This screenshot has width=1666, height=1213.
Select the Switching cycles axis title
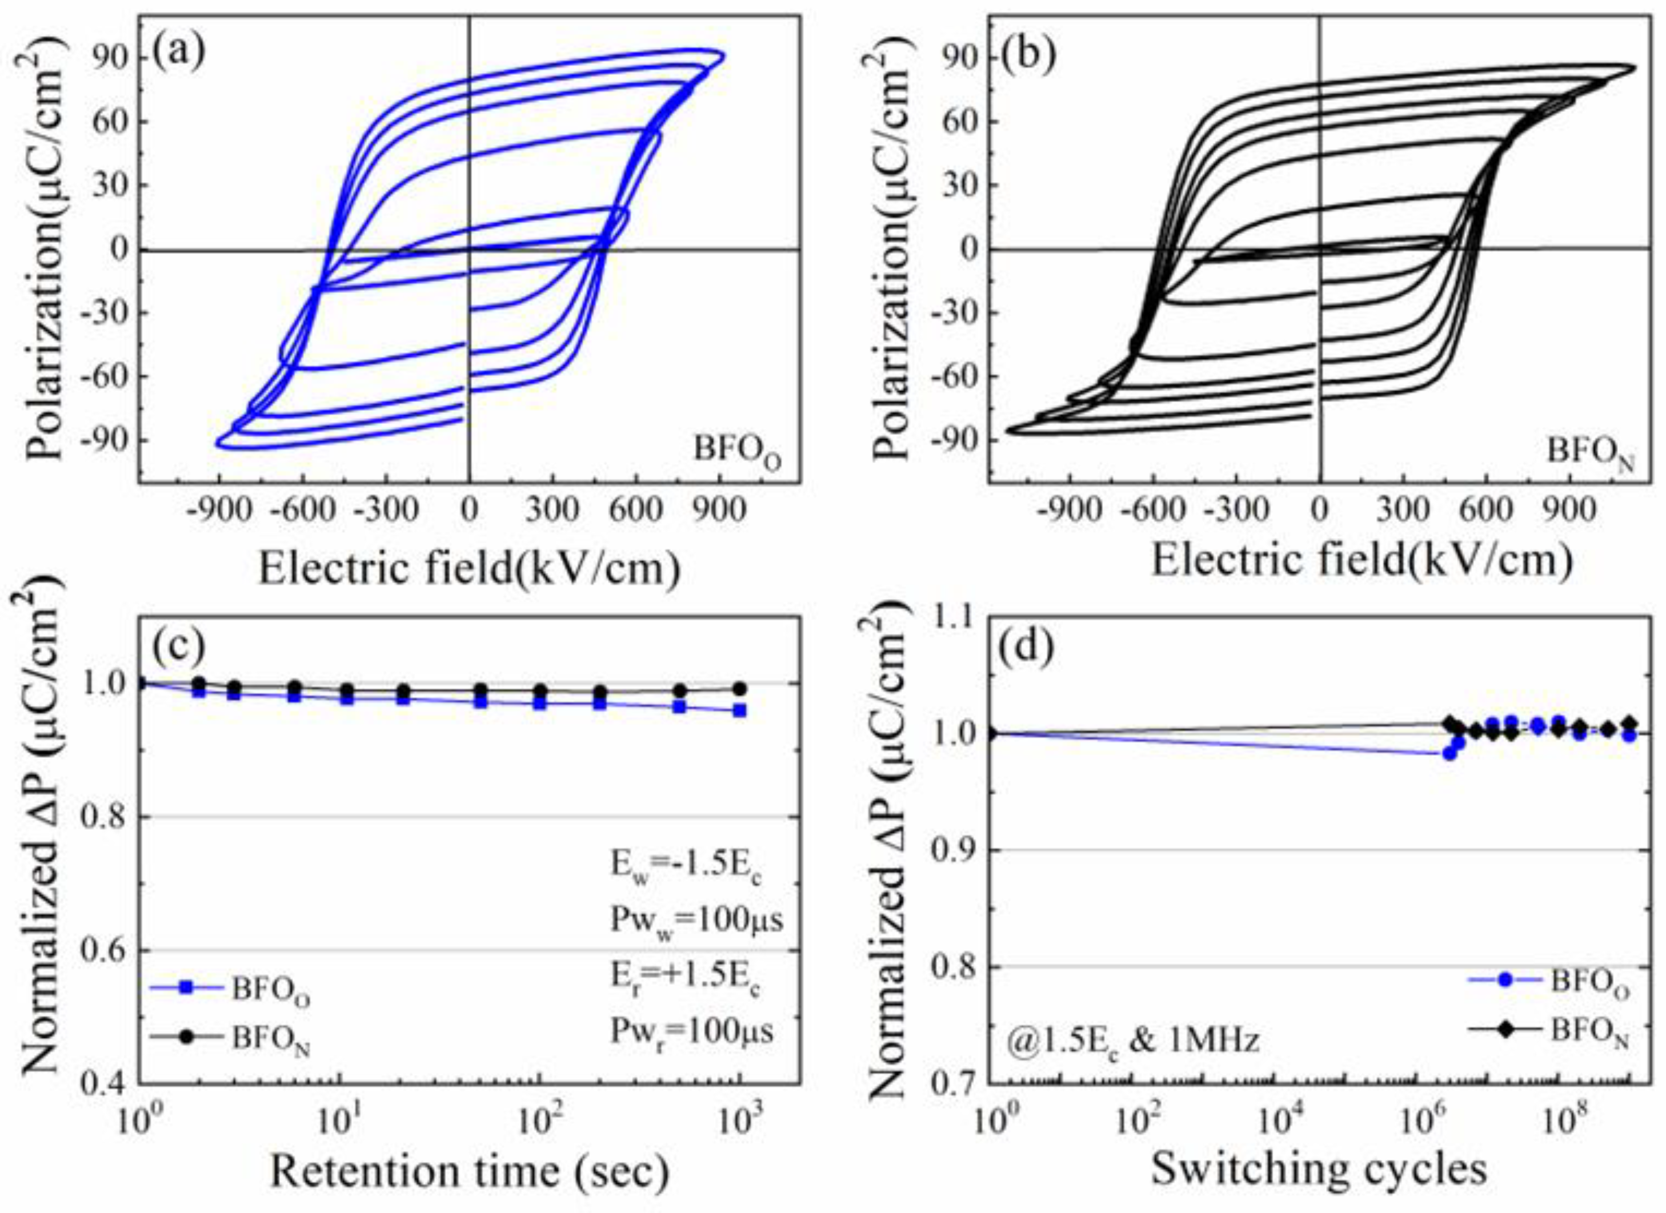[1319, 1169]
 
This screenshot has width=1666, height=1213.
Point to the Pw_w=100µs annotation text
[696, 919]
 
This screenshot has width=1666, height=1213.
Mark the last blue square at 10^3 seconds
[740, 710]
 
